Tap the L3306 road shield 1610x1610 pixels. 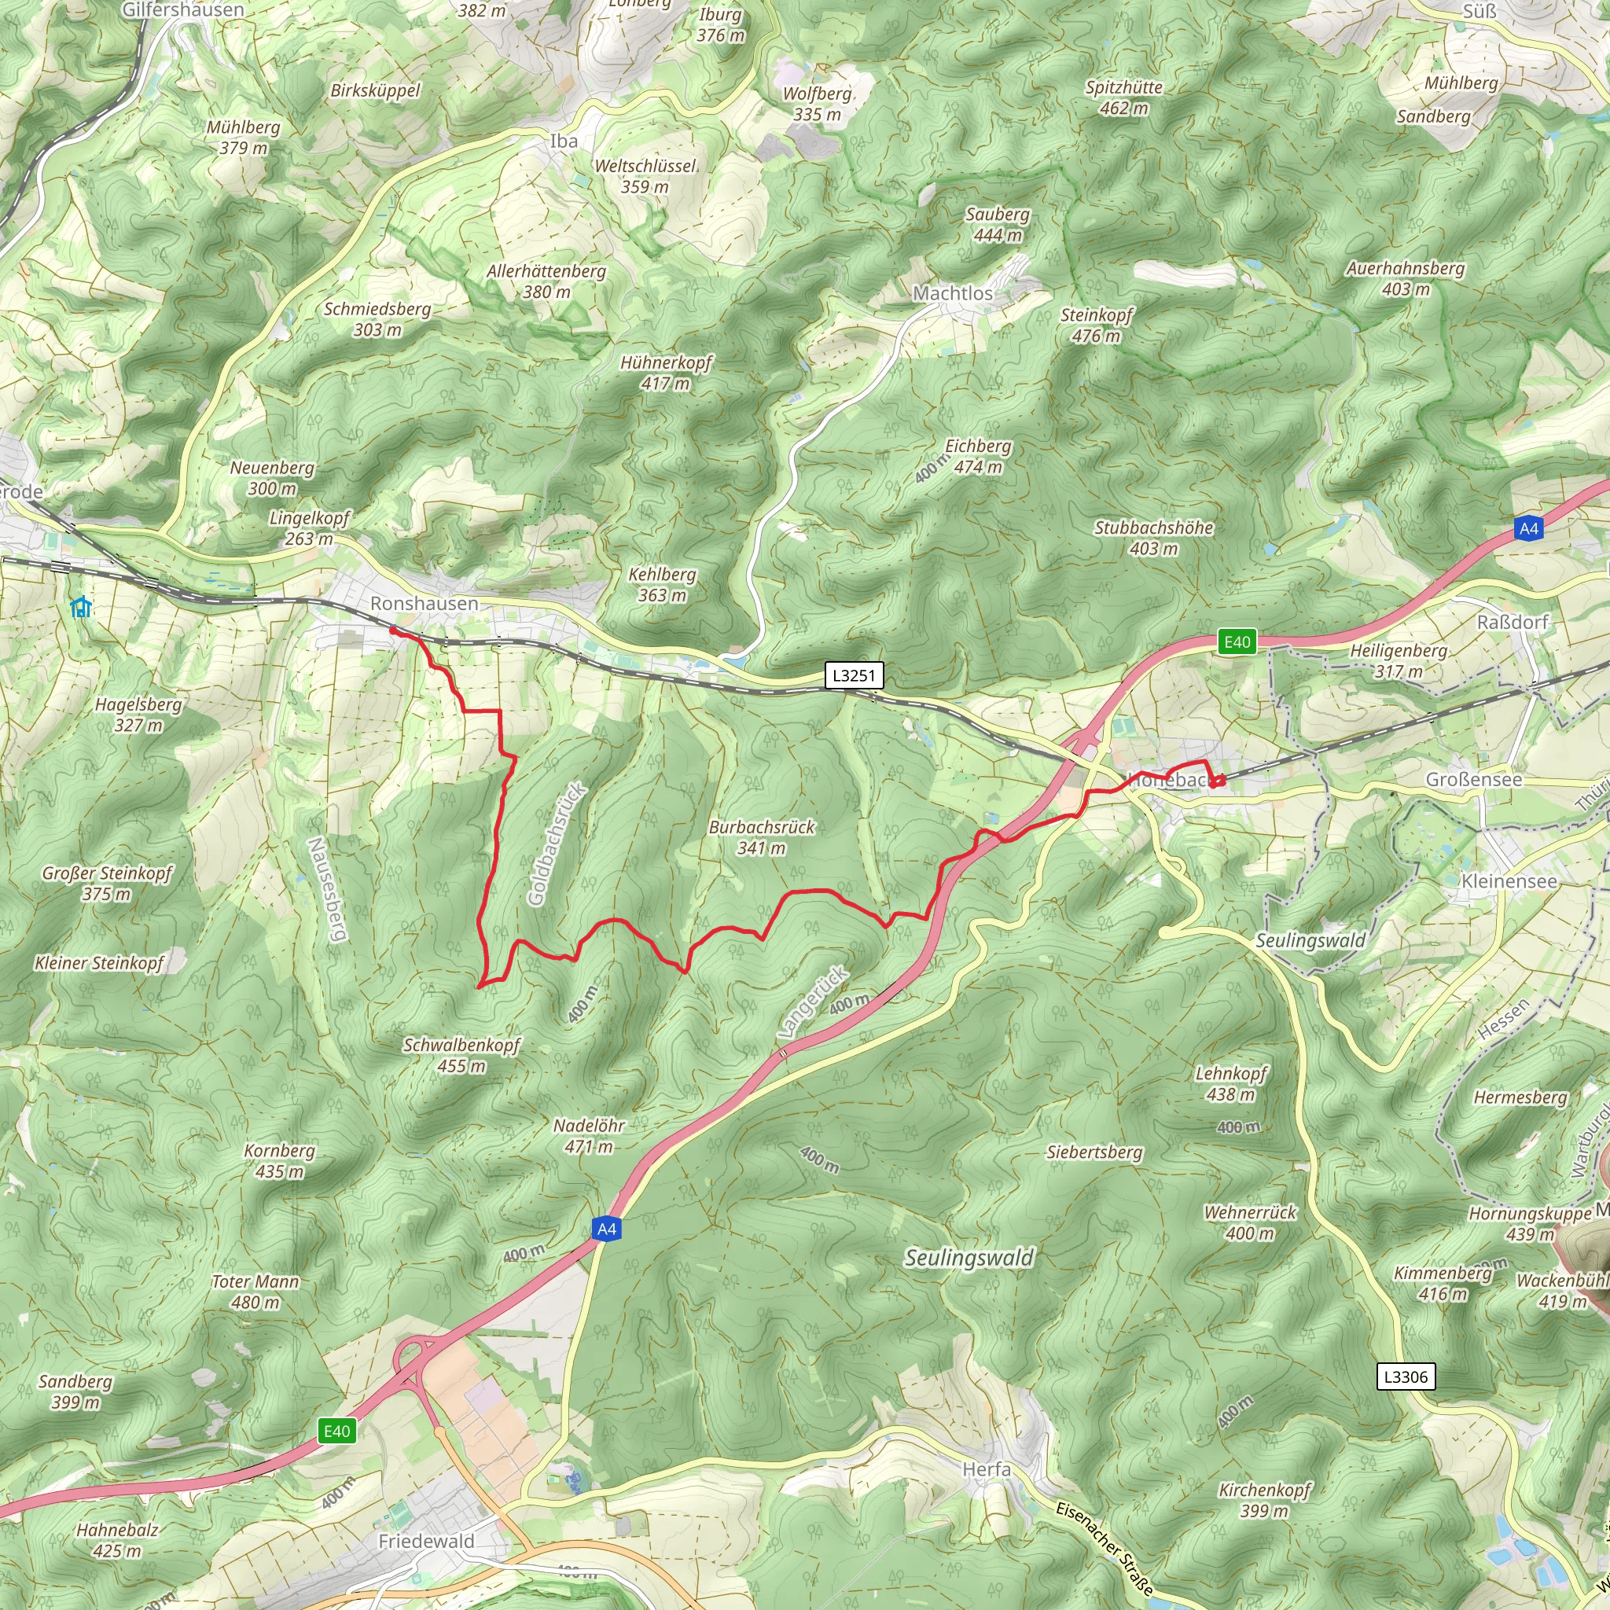pyautogui.click(x=1406, y=1377)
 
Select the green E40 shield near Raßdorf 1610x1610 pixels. pyautogui.click(x=1237, y=641)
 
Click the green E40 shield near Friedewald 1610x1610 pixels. pyautogui.click(x=336, y=1431)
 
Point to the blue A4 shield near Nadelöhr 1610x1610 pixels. pyautogui.click(x=607, y=1230)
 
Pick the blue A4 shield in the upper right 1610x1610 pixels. pyautogui.click(x=1528, y=528)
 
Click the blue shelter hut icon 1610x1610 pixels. pyautogui.click(x=81, y=607)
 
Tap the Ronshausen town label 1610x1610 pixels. pyautogui.click(x=425, y=603)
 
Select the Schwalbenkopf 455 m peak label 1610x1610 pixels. pyautogui.click(x=461, y=1055)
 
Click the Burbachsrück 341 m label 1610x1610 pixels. pyautogui.click(x=762, y=836)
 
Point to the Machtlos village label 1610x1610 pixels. pyautogui.click(x=953, y=293)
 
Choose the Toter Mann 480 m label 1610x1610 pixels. pyautogui.click(x=255, y=1292)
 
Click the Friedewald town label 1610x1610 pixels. pyautogui.click(x=426, y=1541)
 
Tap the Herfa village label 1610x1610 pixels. pyautogui.click(x=987, y=1469)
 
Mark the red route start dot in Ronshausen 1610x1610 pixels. pyautogui.click(x=393, y=630)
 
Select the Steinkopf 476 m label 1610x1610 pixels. pyautogui.click(x=1096, y=325)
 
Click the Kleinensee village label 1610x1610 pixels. pyautogui.click(x=1509, y=880)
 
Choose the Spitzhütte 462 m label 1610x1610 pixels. pyautogui.click(x=1123, y=97)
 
